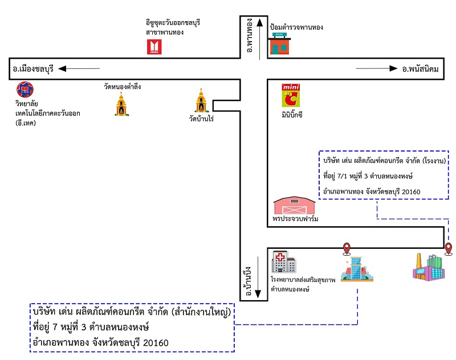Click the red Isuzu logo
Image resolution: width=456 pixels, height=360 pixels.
coord(154,47)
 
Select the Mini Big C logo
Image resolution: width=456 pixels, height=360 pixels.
coord(290,96)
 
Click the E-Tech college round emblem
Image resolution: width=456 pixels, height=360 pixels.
coord(25,89)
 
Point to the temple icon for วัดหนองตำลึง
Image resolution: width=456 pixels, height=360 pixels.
coord(121,104)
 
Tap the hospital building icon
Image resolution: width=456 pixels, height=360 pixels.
coord(283,263)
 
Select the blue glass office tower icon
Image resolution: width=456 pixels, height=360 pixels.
coord(357,268)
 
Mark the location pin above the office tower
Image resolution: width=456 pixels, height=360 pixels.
coord(345,248)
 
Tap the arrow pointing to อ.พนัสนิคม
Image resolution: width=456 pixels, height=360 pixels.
coord(377,69)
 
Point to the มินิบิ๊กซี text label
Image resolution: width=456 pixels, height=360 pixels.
coord(292,114)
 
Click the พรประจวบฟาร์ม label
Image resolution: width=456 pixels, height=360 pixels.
coord(295,219)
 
